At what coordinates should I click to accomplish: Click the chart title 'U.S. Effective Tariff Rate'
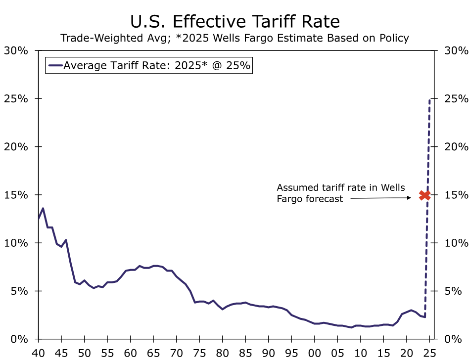point(235,21)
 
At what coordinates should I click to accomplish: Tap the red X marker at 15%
point(424,195)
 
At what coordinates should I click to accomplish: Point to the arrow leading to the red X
point(381,198)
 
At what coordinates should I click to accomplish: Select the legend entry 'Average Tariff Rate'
point(148,66)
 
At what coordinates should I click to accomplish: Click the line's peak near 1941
point(43,208)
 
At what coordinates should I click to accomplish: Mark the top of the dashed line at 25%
point(429,99)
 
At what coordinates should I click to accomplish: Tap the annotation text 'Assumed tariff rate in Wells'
point(340,188)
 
